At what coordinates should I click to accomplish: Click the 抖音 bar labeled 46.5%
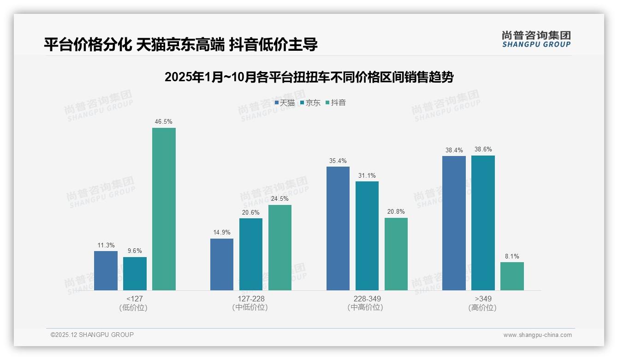(164, 209)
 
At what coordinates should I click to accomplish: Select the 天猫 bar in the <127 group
(106, 270)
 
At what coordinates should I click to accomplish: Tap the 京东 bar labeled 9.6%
(135, 273)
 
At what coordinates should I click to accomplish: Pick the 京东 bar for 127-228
(251, 254)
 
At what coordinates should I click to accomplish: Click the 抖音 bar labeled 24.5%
(280, 247)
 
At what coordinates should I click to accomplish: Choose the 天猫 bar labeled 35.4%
(338, 228)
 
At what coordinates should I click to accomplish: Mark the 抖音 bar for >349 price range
(512, 276)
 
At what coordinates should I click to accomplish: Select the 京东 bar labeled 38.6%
(483, 222)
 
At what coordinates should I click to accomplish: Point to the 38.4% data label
(454, 150)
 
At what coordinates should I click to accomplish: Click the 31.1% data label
(367, 175)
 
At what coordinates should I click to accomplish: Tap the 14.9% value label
(222, 233)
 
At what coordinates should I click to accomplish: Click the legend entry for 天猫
(285, 103)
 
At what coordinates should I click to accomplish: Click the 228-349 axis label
(367, 299)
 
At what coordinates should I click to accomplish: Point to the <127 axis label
(134, 299)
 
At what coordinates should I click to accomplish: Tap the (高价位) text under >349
(482, 308)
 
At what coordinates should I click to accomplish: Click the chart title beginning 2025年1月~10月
(309, 77)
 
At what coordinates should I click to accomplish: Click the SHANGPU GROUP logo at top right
(536, 39)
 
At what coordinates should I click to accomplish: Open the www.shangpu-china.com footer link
(537, 335)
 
